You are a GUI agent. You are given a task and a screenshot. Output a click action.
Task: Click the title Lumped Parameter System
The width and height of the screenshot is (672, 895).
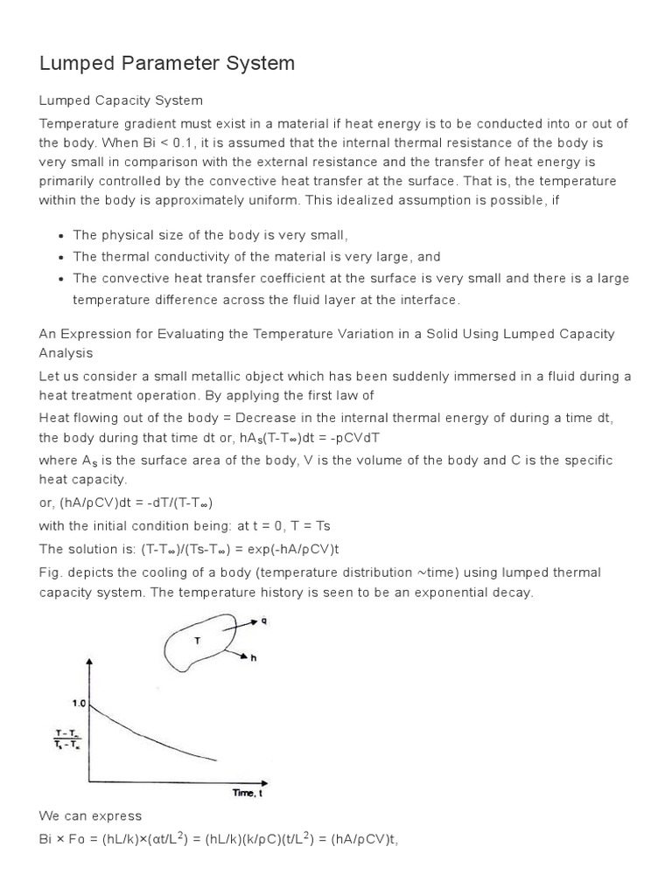click(x=167, y=63)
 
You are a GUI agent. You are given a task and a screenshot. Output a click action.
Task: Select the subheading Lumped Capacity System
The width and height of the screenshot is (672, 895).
click(x=121, y=101)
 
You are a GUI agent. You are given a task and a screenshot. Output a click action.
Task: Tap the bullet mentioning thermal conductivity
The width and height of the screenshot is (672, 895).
click(x=244, y=257)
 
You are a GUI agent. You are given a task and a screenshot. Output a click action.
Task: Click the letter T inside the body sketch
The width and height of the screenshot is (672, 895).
click(x=197, y=641)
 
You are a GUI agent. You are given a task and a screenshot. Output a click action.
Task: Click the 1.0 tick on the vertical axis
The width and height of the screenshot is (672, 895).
click(x=80, y=702)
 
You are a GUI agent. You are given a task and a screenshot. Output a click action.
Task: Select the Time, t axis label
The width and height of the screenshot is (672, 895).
click(x=248, y=793)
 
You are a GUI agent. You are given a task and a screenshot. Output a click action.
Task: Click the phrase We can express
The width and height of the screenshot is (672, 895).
click(x=90, y=815)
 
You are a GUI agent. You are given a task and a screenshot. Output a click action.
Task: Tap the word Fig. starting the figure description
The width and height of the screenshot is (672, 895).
click(x=52, y=572)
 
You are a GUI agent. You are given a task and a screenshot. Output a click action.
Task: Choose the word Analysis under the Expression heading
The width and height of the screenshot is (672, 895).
click(x=66, y=353)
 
